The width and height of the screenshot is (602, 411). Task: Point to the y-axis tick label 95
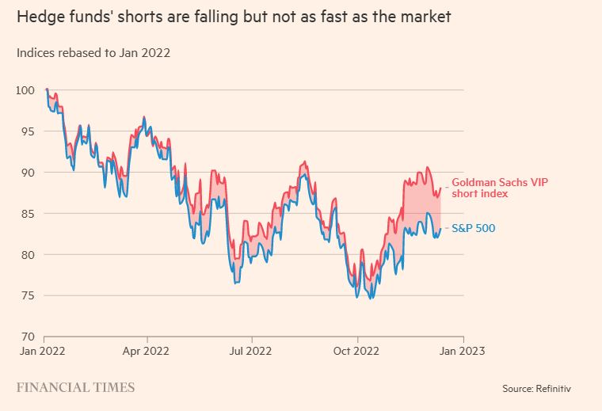(26, 131)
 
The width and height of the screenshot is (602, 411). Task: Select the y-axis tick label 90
(26, 173)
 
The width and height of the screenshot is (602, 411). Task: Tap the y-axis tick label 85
(26, 214)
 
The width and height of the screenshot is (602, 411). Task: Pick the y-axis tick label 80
(26, 255)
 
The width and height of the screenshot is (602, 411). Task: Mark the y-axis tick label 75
(26, 296)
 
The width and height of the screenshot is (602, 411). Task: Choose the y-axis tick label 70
(26, 337)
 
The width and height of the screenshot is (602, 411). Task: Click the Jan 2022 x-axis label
(41, 349)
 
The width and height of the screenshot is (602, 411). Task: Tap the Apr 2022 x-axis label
(147, 349)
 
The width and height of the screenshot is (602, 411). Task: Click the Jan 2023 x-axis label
(462, 349)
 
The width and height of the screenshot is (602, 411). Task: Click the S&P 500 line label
(473, 229)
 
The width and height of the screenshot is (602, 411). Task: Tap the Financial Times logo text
(75, 388)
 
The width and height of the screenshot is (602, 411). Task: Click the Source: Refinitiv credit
(536, 389)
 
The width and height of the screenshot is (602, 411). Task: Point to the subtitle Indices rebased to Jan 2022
(93, 53)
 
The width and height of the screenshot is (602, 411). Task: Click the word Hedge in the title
(36, 17)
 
